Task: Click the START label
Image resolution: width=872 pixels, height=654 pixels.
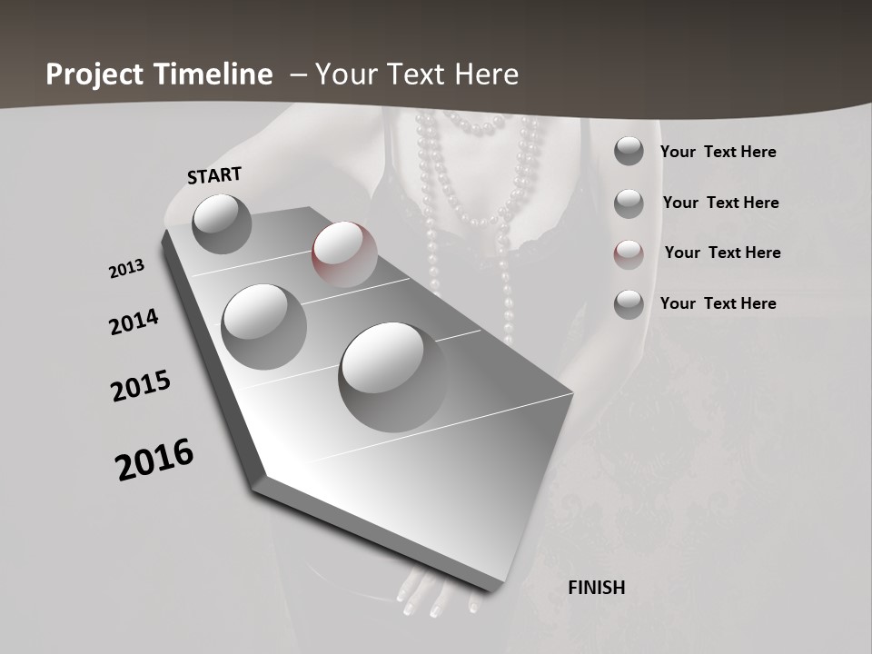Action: [214, 175]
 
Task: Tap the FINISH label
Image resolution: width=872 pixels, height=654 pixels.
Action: [597, 588]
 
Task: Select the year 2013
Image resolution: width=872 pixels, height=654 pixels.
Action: [126, 269]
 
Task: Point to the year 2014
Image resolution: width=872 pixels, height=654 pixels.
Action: [134, 322]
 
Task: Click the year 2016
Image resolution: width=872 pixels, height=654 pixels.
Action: [154, 459]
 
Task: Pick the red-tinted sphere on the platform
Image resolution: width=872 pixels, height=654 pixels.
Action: [344, 253]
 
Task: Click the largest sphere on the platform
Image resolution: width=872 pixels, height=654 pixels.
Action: [393, 376]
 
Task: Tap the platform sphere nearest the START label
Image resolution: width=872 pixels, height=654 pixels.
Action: [222, 223]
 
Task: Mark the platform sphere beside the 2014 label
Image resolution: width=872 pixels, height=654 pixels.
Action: [263, 326]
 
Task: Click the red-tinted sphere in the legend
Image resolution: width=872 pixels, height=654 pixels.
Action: [629, 253]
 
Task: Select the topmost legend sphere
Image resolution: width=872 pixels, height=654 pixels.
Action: [629, 151]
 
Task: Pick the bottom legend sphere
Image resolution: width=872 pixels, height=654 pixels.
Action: [629, 304]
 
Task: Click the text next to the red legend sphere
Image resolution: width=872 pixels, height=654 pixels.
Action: [722, 253]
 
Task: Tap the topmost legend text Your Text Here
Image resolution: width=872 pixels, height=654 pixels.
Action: [718, 152]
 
